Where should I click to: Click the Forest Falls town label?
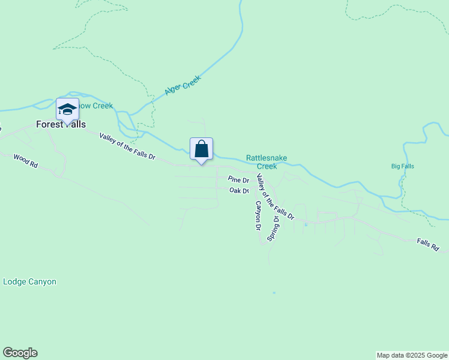(60, 125)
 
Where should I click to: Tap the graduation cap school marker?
(67, 109)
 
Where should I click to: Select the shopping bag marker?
(202, 149)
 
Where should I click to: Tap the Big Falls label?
(402, 166)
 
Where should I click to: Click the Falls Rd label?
(428, 244)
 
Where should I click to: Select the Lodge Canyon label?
(30, 281)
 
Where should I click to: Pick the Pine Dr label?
(238, 180)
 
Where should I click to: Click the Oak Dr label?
(240, 191)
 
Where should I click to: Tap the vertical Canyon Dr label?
(258, 216)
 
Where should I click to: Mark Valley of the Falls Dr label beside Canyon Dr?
(275, 196)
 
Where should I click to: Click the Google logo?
(20, 353)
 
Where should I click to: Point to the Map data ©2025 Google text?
(412, 355)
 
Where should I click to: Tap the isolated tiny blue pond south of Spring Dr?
(274, 293)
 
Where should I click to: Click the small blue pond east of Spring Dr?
(306, 225)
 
